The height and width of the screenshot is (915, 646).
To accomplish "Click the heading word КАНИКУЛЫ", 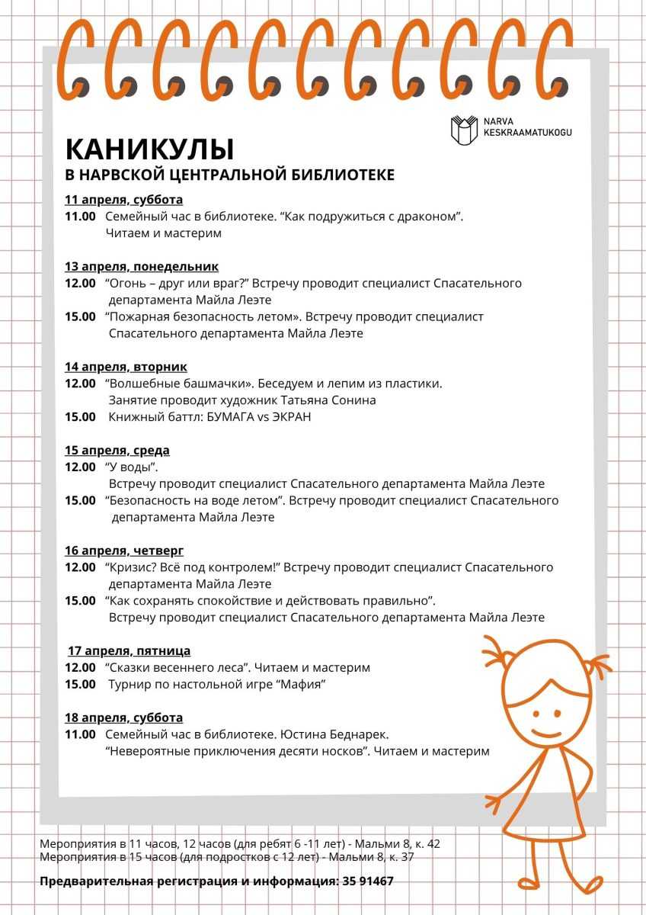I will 149,148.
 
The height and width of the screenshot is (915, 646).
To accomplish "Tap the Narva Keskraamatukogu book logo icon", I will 464,130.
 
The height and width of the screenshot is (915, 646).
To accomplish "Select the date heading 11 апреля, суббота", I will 123,200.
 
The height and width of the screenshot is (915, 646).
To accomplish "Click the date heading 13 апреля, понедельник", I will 142,266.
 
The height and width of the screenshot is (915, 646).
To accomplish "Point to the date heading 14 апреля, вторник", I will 126,367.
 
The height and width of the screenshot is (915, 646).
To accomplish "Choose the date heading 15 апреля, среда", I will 117,450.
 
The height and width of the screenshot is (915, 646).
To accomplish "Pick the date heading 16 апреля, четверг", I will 124,551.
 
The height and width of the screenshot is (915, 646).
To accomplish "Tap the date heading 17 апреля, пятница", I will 129,650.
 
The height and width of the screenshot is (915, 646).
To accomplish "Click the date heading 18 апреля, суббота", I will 123,718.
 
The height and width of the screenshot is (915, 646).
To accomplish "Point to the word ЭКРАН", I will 290,417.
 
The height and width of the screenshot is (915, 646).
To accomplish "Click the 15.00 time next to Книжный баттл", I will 80,417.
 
